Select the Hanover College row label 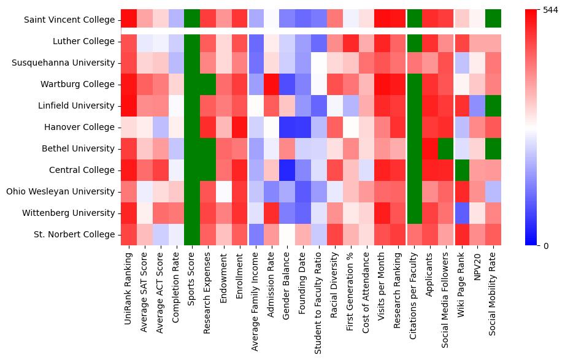click(80, 127)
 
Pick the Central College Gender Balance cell click(288, 170)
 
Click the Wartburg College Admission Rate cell click(272, 84)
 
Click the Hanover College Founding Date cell click(304, 127)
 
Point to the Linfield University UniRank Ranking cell click(129, 105)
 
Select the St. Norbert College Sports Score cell click(193, 234)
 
